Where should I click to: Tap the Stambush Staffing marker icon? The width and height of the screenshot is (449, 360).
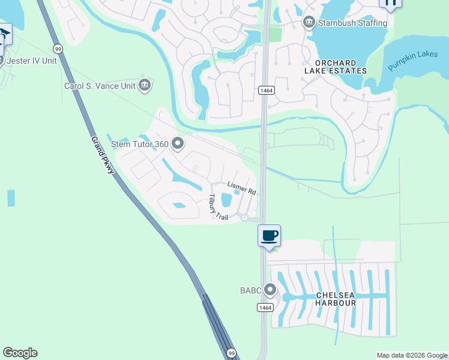point(309,22)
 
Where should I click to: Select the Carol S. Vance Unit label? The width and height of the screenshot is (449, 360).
point(100,86)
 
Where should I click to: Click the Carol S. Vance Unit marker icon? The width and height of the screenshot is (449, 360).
point(144,86)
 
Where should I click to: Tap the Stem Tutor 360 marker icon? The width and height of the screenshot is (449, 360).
point(177,143)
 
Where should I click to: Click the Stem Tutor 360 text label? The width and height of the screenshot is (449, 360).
point(140,144)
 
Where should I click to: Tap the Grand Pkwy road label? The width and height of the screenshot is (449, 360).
point(102,155)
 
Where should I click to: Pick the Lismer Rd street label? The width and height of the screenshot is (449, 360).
point(242,188)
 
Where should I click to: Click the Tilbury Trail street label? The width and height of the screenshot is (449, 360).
point(218,208)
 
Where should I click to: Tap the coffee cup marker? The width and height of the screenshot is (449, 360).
point(269,236)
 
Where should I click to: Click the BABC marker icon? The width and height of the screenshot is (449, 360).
point(270,291)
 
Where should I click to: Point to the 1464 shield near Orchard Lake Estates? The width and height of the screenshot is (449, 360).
point(267,90)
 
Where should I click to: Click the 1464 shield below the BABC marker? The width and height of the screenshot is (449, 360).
point(265,307)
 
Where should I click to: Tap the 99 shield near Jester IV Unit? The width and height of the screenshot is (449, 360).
point(58,48)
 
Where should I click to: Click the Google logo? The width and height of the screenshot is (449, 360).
point(20,353)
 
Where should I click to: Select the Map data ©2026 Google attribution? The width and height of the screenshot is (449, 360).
point(412,355)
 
